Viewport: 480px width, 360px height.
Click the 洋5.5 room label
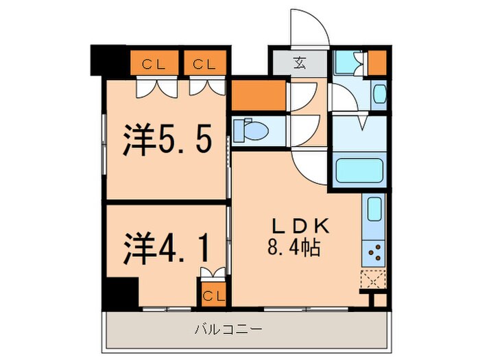165,140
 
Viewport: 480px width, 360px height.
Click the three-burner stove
374,254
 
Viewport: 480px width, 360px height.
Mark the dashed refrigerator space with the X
374,280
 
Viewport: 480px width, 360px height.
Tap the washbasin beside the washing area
380,93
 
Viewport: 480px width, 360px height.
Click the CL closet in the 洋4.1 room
212,296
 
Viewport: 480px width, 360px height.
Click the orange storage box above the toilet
258,95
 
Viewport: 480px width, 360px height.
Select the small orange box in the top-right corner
376,63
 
